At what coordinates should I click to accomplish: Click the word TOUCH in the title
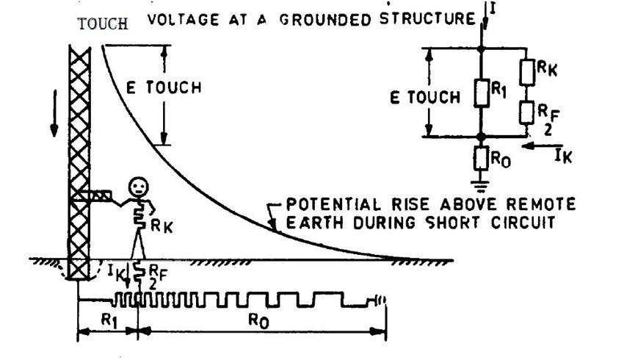(x=103, y=23)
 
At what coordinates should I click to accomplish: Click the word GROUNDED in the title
(x=330, y=19)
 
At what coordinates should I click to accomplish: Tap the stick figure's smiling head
(x=137, y=187)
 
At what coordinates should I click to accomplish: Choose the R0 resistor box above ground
(x=481, y=158)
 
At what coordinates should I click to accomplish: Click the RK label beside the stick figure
(x=162, y=228)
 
